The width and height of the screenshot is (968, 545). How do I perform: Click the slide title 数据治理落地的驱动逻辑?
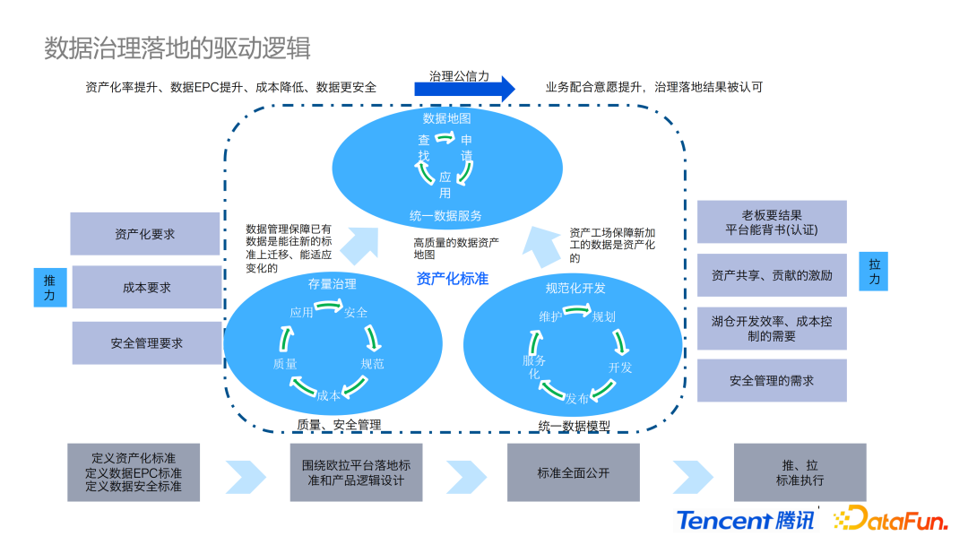[177, 48]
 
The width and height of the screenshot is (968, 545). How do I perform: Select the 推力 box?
[49, 287]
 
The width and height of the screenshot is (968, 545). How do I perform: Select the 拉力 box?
[874, 272]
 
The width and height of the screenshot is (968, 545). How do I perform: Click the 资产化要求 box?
[145, 234]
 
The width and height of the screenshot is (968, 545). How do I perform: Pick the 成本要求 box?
[146, 288]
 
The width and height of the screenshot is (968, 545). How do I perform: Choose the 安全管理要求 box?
[146, 342]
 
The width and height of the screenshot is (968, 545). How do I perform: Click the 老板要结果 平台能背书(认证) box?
[772, 222]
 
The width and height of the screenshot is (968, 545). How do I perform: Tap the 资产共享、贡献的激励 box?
[772, 275]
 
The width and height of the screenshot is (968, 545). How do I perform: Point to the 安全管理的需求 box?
[772, 380]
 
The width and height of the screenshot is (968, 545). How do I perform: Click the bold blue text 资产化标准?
[453, 279]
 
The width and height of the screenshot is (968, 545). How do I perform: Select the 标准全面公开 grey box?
[574, 472]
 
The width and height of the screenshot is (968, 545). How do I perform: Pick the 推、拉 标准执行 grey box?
[799, 472]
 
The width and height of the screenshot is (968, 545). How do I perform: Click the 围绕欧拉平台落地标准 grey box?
[356, 472]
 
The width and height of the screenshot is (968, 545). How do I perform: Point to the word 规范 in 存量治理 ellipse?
[372, 364]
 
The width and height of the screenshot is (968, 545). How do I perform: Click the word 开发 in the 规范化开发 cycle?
[620, 368]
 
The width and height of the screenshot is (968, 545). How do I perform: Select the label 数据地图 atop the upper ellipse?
[446, 118]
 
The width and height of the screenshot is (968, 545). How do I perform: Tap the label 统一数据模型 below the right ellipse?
[574, 426]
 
